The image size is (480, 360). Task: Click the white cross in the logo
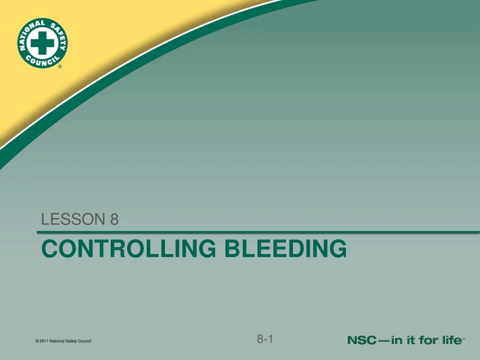[x=43, y=43]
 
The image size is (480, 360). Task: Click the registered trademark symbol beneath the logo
[x=60, y=67]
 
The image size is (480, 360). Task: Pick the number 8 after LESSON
[x=114, y=219]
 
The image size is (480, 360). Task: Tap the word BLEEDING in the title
[x=285, y=248]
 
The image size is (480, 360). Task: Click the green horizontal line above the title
[x=258, y=232]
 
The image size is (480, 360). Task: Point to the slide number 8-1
[x=265, y=339]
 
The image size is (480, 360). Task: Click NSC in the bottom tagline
[x=361, y=341]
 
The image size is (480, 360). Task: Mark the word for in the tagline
[x=428, y=341]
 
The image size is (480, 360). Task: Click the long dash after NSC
[x=383, y=341]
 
